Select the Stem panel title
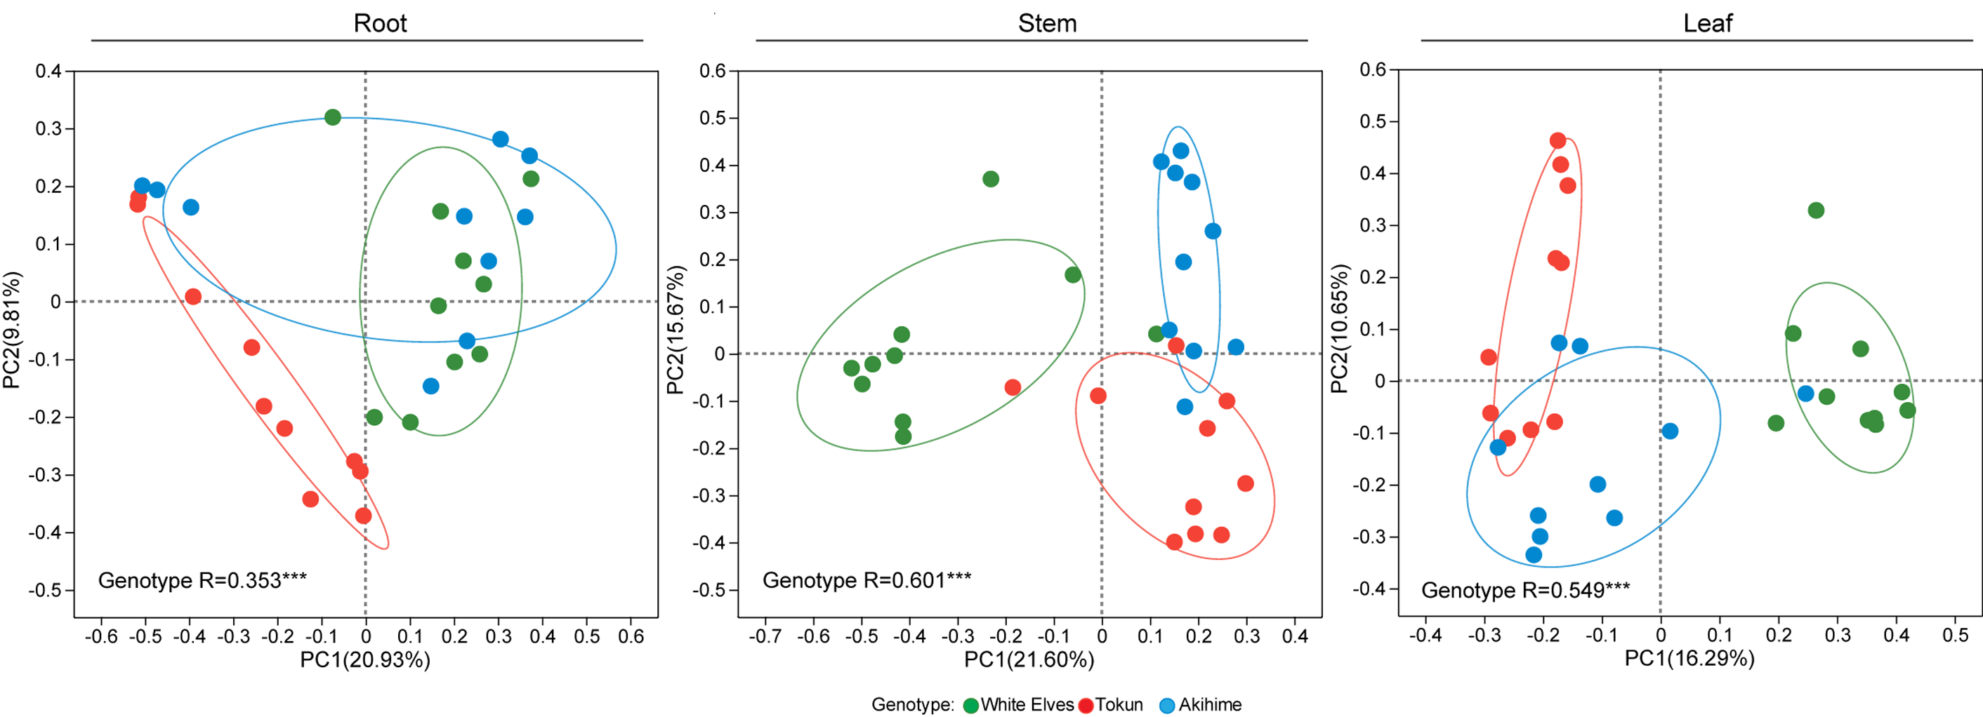point(1047,23)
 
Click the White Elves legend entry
point(1017,704)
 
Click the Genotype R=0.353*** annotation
point(202,580)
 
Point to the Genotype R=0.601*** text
point(866,580)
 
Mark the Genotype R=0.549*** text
point(1525,590)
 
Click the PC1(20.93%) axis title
point(365,660)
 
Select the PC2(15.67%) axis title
point(675,329)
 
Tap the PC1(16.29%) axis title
point(1689,659)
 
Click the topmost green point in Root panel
point(333,118)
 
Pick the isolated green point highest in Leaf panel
point(1816,210)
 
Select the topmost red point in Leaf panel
point(1557,141)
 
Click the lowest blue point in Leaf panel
point(1534,555)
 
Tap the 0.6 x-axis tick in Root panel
point(631,636)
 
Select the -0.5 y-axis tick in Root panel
point(46,590)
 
